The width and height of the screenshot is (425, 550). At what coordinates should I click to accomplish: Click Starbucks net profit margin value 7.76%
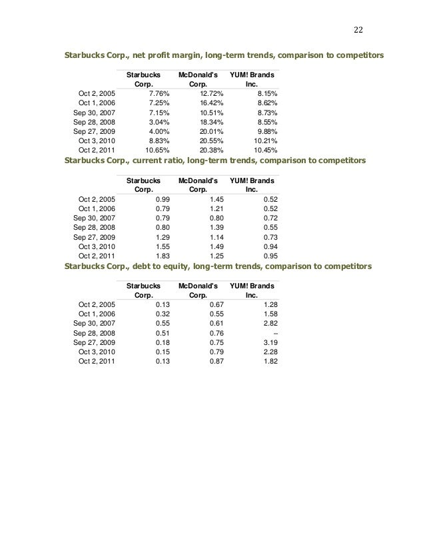(x=158, y=94)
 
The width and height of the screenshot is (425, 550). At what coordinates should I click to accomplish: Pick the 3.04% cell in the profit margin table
(x=158, y=122)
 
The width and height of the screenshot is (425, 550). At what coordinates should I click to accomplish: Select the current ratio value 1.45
(x=216, y=199)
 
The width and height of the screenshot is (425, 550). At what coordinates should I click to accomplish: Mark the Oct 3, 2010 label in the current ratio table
(x=97, y=246)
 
